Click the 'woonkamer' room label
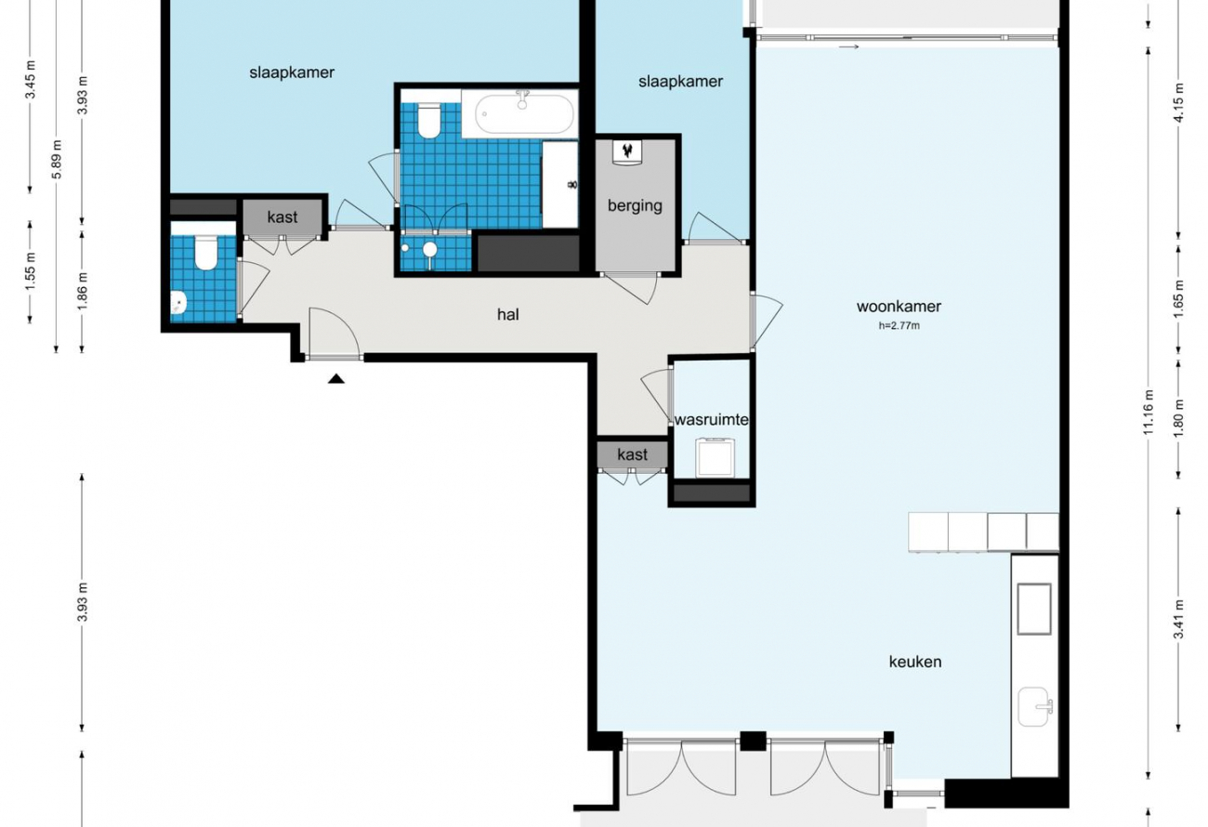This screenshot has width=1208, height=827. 899,307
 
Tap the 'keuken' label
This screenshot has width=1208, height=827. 915,662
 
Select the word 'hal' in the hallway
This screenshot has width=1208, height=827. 507,314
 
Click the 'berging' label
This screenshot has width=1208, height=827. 635,206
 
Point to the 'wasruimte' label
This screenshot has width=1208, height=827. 711,419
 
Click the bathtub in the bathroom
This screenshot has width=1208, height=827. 524,114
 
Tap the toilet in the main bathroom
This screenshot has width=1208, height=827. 428,121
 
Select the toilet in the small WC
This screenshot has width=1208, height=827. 205,251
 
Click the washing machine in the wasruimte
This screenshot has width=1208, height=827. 715,457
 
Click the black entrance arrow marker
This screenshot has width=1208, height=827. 336,379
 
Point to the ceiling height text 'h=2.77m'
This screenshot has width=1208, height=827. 899,325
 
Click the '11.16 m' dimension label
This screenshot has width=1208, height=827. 1149,413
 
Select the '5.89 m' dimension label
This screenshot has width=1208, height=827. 58,159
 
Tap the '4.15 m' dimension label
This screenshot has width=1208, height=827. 1178,102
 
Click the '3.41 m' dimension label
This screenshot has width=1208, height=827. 1178,619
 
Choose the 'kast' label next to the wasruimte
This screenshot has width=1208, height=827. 632,454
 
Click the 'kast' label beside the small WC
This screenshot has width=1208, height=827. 282,217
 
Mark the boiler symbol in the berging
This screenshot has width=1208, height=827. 627,151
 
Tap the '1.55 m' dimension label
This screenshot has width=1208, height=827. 30,271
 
